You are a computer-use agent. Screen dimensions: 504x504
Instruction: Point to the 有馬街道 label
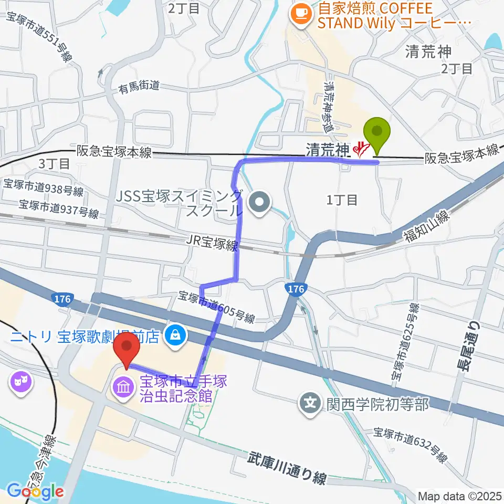coord(138,89)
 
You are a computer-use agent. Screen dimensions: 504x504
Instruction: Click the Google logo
coord(36,491)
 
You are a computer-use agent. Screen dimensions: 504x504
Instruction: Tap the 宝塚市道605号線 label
coord(217,308)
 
